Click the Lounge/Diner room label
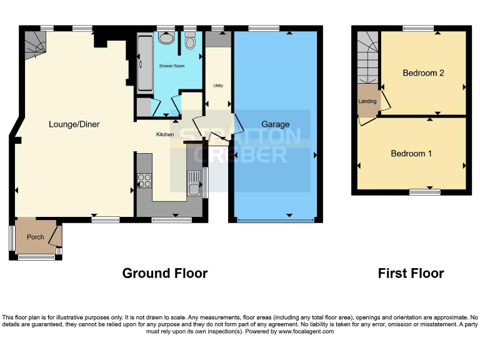pyautogui.click(x=74, y=124)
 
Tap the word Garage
pyautogui.click(x=275, y=124)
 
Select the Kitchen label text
pyautogui.click(x=164, y=134)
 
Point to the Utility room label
pyautogui.click(x=218, y=86)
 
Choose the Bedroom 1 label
pyautogui.click(x=411, y=154)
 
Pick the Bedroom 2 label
pyautogui.click(x=423, y=73)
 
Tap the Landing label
pyautogui.click(x=367, y=101)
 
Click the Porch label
pyautogui.click(x=36, y=237)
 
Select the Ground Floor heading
pyautogui.click(x=164, y=273)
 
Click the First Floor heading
pyautogui.click(x=411, y=273)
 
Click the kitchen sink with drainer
pyautogui.click(x=194, y=182)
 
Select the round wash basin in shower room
pyautogui.click(x=166, y=38)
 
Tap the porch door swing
pyautogui.click(x=55, y=235)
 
